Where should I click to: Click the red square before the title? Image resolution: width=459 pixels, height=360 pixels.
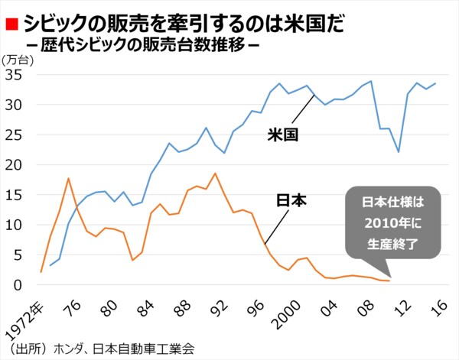click(x=11, y=24)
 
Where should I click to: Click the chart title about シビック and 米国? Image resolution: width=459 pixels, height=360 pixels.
click(x=173, y=23)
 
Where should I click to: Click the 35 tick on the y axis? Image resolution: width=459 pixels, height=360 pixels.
click(x=15, y=75)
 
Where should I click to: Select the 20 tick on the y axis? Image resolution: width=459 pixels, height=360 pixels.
click(x=15, y=164)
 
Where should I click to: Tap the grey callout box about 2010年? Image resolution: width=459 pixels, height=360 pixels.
click(x=392, y=223)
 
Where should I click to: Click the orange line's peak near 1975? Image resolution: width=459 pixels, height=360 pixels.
click(x=69, y=178)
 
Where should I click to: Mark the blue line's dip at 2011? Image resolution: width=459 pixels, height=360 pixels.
click(x=399, y=151)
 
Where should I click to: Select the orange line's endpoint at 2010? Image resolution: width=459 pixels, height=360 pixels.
click(x=389, y=281)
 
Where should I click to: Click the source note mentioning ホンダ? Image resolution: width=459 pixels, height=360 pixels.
click(x=99, y=349)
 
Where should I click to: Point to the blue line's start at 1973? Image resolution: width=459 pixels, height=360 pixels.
click(x=50, y=266)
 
